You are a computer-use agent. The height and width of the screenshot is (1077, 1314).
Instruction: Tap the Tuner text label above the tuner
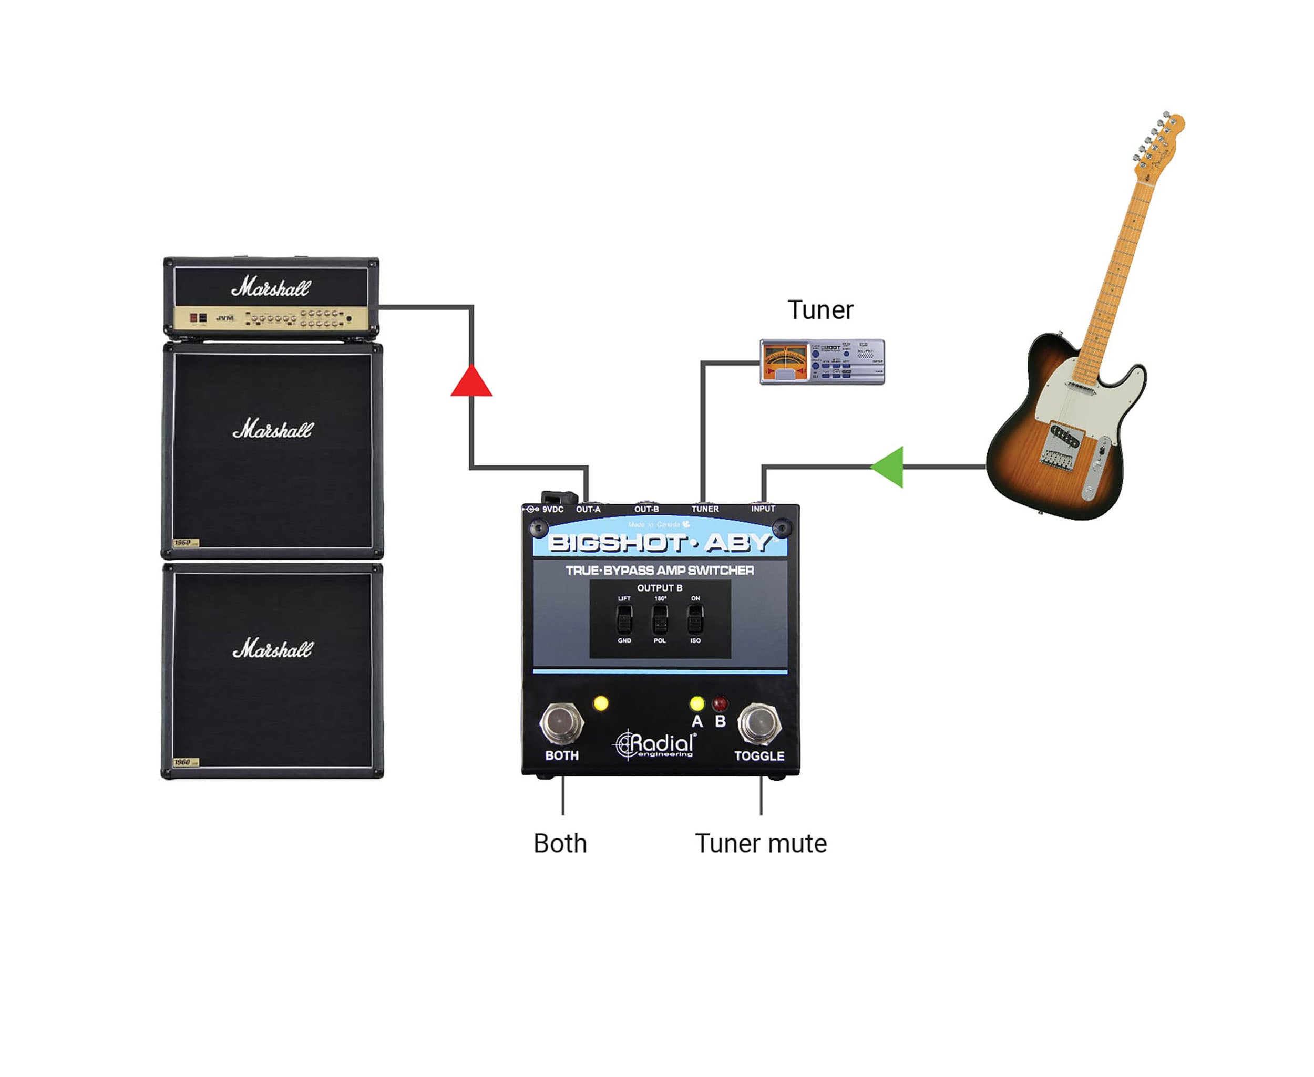[x=820, y=309]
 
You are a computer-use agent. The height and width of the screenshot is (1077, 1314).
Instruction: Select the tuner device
[x=822, y=361]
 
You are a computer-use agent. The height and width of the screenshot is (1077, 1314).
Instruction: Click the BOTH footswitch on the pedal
[x=561, y=723]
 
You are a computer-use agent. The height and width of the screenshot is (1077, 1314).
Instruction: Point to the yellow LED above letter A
[x=697, y=703]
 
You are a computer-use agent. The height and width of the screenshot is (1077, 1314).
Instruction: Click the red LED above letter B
[x=720, y=703]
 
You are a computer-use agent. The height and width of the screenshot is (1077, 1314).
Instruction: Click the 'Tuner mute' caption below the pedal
[x=761, y=844]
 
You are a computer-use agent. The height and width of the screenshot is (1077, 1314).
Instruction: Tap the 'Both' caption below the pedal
[x=560, y=844]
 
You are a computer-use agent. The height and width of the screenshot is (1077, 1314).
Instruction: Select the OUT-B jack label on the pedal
[x=646, y=509]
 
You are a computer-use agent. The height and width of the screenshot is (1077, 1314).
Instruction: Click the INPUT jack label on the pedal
[x=763, y=509]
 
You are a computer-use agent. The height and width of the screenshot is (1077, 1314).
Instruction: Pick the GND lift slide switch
[x=624, y=618]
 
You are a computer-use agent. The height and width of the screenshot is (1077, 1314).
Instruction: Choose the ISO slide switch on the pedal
[x=695, y=618]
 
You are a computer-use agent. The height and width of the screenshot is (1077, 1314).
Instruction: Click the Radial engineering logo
[x=655, y=744]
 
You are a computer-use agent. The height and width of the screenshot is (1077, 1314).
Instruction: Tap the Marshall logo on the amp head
[x=271, y=287]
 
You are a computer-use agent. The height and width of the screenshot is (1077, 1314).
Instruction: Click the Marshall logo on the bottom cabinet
[x=272, y=649]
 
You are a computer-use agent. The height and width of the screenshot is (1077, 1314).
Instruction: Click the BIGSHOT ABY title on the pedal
[x=659, y=543]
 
